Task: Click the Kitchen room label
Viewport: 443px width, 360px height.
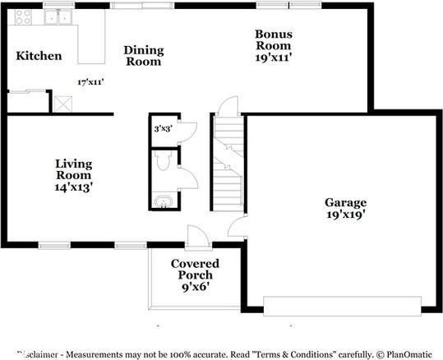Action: (39, 56)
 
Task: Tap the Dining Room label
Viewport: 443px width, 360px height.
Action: (143, 56)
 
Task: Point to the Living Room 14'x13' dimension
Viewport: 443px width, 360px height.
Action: (74, 187)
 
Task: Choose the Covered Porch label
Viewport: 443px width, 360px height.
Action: (194, 269)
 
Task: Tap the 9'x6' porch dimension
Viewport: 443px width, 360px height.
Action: (194, 288)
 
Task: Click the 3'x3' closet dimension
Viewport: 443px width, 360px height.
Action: (163, 129)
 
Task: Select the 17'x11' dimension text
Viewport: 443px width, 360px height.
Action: (90, 82)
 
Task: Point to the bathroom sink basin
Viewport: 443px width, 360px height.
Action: (164, 201)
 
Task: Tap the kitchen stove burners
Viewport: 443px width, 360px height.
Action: (22, 16)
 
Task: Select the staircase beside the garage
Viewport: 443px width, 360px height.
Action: (227, 164)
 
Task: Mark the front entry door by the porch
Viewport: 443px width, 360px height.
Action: (198, 238)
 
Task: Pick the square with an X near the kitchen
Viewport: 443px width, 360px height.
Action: (62, 104)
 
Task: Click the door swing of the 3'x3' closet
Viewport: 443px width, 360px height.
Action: (187, 129)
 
